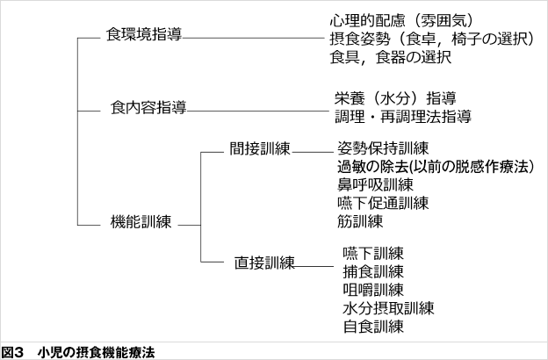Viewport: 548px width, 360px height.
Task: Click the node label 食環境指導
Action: tap(144, 34)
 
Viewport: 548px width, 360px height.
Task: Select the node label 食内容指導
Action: tap(148, 107)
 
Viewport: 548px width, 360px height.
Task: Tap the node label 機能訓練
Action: tap(141, 221)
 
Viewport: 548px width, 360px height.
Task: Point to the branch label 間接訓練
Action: tap(260, 148)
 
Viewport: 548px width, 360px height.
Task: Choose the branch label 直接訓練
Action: tap(264, 263)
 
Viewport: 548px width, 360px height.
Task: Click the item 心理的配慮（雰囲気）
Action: tap(402, 20)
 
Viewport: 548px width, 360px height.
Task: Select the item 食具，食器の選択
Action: tap(391, 57)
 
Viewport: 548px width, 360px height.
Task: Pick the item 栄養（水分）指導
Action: tap(395, 98)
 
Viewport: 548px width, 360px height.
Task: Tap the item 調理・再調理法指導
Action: tap(403, 117)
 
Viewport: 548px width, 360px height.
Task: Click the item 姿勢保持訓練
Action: tap(383, 148)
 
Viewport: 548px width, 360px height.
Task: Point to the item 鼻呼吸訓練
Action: tap(375, 184)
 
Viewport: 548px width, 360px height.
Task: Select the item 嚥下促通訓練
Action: tap(383, 203)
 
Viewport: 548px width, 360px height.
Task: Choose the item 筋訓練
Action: tap(360, 221)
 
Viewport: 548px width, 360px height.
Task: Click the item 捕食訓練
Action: tap(373, 271)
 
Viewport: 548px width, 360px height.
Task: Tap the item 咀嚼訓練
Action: tap(373, 290)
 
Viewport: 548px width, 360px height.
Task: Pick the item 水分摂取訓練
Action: tap(388, 308)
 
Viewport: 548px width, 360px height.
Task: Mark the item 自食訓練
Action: tap(373, 327)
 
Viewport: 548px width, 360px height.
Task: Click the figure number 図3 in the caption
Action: tap(12, 352)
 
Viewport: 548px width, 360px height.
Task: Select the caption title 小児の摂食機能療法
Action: tap(96, 352)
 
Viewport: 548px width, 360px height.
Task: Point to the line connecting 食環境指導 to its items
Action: tap(254, 38)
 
